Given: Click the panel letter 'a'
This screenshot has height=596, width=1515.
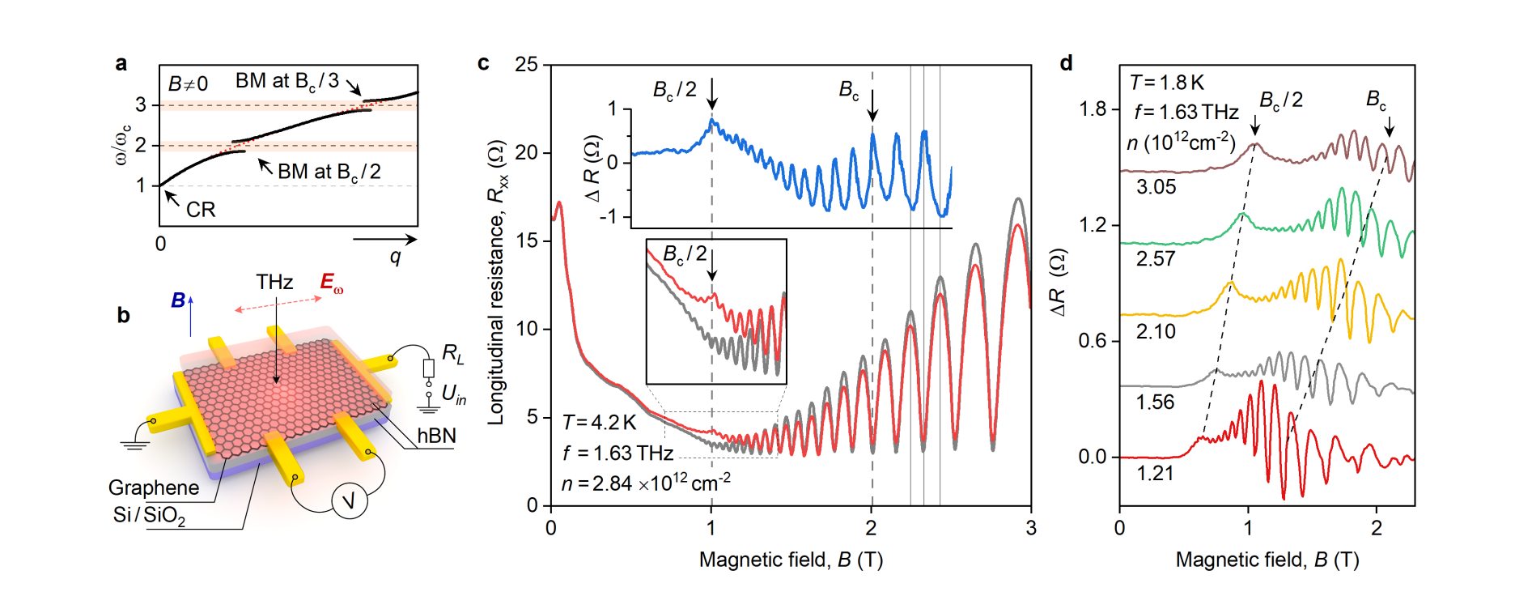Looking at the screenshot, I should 121,64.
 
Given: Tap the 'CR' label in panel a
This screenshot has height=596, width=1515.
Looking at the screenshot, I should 201,210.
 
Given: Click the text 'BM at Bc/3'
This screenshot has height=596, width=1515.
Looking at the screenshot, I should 286,81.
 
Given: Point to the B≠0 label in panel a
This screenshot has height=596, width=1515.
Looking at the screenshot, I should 188,83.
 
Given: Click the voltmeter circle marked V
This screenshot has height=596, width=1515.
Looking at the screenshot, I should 350,501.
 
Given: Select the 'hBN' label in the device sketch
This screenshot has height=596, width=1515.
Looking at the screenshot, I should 436,436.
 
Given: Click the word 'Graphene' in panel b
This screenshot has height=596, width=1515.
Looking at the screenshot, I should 154,487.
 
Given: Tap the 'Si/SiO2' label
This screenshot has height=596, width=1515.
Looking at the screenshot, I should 149,516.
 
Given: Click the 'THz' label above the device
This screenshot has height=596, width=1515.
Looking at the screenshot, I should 274,282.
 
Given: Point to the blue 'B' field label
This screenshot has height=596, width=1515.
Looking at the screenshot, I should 178,300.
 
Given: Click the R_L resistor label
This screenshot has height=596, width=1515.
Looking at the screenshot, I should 453,353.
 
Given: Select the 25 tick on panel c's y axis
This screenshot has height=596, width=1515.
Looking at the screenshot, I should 526,65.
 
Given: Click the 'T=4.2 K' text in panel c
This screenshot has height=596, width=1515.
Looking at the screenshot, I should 600,423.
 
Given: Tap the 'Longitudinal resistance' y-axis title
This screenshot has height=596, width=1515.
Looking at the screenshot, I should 496,283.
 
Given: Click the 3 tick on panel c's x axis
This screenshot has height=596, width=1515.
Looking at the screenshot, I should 1030,528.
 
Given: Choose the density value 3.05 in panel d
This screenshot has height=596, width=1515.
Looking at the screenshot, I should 1156,187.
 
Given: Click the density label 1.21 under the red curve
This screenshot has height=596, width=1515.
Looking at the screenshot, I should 1155,474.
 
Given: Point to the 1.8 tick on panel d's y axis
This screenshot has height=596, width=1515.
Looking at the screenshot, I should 1093,109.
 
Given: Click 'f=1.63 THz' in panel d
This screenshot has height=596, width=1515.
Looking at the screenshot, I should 1186,112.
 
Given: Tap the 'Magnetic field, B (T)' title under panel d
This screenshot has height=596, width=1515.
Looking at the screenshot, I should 1267,560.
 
